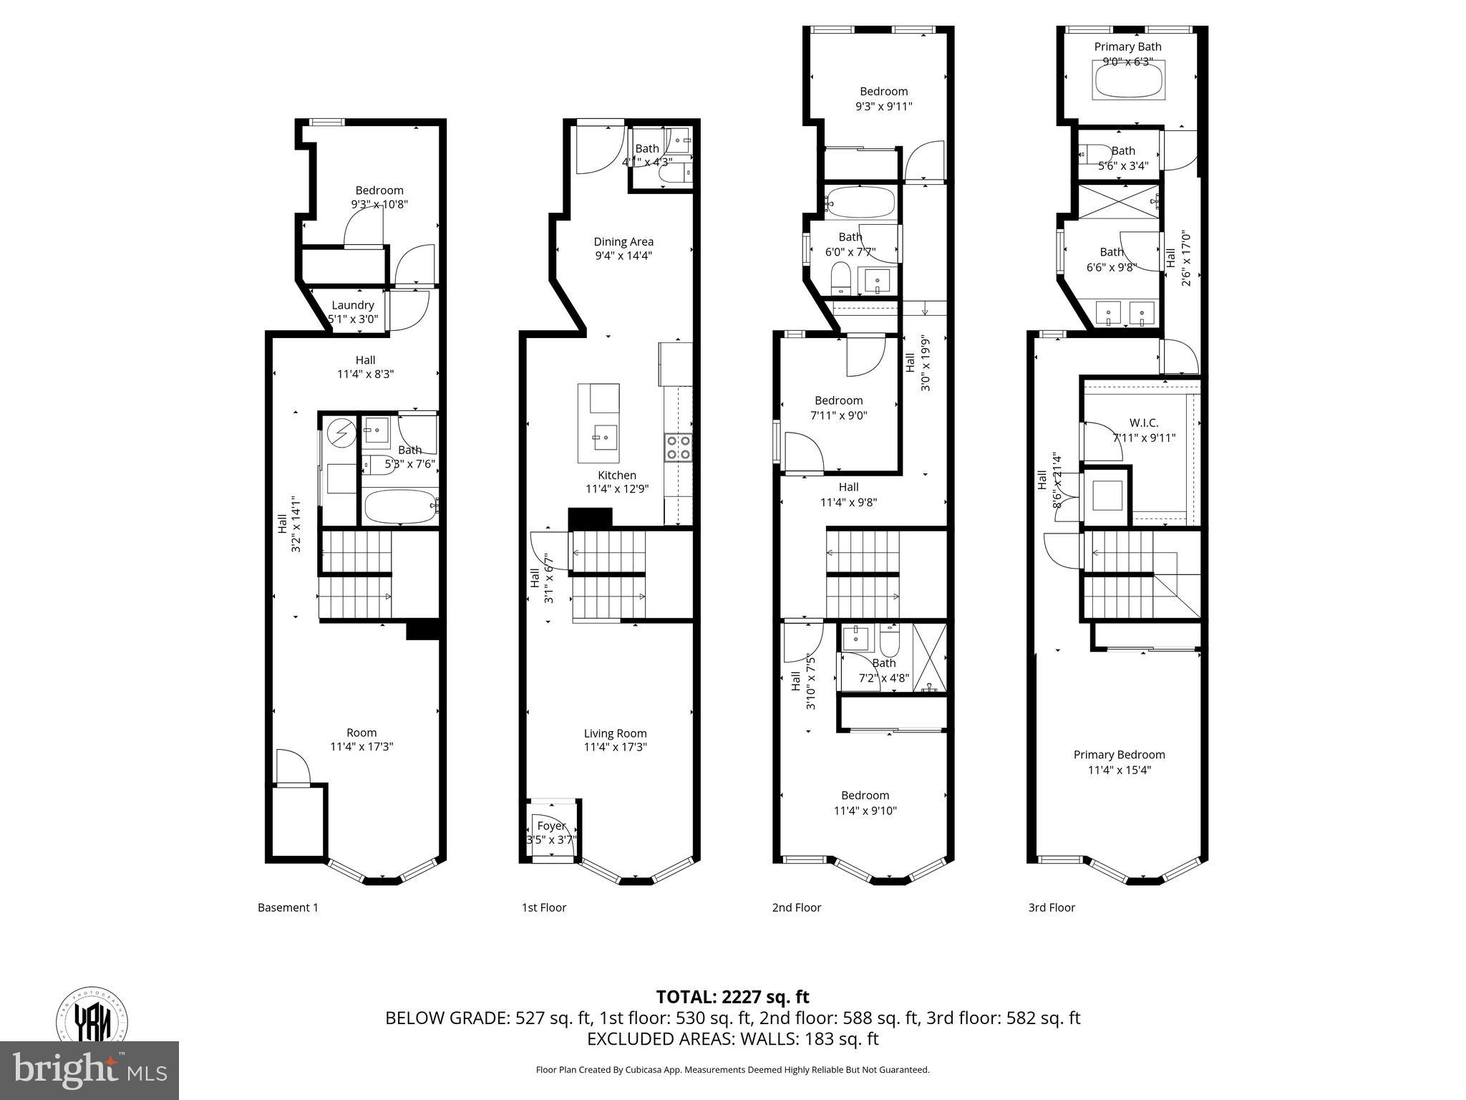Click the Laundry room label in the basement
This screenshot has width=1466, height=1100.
click(x=352, y=305)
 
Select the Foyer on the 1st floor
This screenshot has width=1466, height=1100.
click(x=551, y=831)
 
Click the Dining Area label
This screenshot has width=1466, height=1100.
click(x=623, y=242)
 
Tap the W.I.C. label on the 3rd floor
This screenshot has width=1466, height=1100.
click(x=1144, y=423)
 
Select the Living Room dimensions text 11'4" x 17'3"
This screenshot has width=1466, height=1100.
click(x=616, y=747)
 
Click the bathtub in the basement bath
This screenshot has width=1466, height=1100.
click(x=399, y=507)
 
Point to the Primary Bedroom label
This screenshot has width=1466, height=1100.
click(x=1119, y=755)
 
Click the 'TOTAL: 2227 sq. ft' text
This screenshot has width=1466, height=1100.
click(x=732, y=997)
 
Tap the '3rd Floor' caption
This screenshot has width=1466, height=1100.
click(x=1052, y=907)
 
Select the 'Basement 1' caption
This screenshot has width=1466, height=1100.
click(x=288, y=907)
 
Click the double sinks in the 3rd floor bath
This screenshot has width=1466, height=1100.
click(x=1125, y=313)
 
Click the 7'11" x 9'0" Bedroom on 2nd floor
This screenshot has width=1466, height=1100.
click(x=838, y=407)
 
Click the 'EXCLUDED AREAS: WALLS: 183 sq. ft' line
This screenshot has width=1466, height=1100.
click(x=732, y=1039)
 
